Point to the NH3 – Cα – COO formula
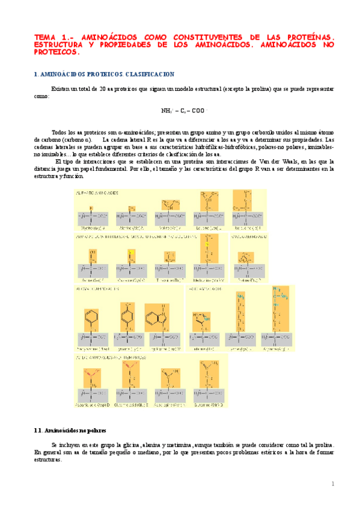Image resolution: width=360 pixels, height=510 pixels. tap(183, 111)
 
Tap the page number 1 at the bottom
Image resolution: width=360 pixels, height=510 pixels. tap(332, 484)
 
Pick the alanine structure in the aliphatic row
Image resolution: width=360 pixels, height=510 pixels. tap(132, 214)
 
